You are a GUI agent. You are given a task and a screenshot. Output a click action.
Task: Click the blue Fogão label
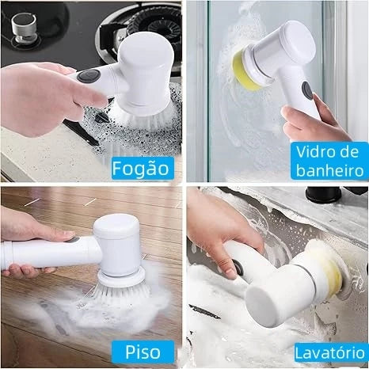coord(141,168)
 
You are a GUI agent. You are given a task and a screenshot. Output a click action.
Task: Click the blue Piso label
coord(143,350)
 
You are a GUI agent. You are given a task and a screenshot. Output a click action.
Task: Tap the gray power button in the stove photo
coord(86,77)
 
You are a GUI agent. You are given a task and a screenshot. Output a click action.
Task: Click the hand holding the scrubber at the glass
coord(305,123)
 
